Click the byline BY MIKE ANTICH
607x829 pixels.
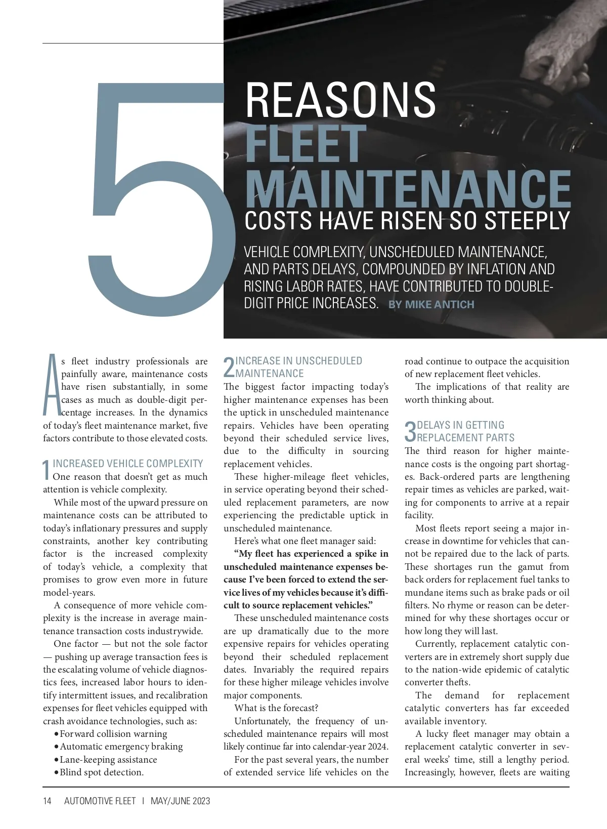point(431,305)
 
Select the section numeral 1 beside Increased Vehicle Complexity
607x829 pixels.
point(47,470)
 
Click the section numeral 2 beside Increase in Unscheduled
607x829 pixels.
point(229,368)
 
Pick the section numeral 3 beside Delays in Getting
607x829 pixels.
point(410,432)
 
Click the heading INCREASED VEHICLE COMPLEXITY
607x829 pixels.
point(127,464)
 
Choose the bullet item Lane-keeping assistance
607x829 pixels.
point(108,760)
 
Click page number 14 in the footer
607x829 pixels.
point(47,801)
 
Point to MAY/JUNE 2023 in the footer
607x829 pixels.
point(180,801)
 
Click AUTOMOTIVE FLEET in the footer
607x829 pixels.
point(100,801)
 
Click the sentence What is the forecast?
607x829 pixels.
point(276,708)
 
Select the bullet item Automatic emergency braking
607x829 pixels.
point(121,747)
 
